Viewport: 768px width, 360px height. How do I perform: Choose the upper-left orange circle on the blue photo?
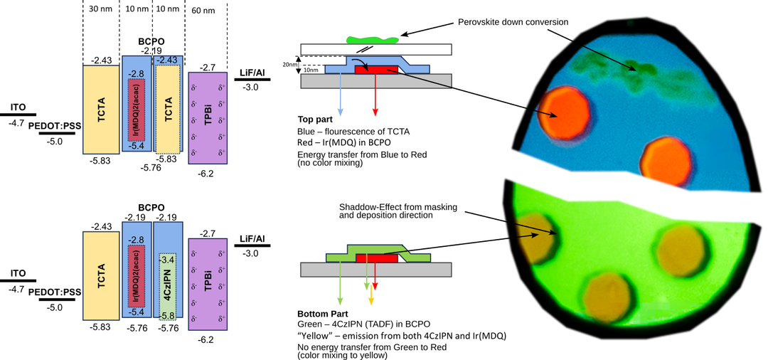click(x=566, y=114)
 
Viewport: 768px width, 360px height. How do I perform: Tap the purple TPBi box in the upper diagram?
click(x=207, y=118)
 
